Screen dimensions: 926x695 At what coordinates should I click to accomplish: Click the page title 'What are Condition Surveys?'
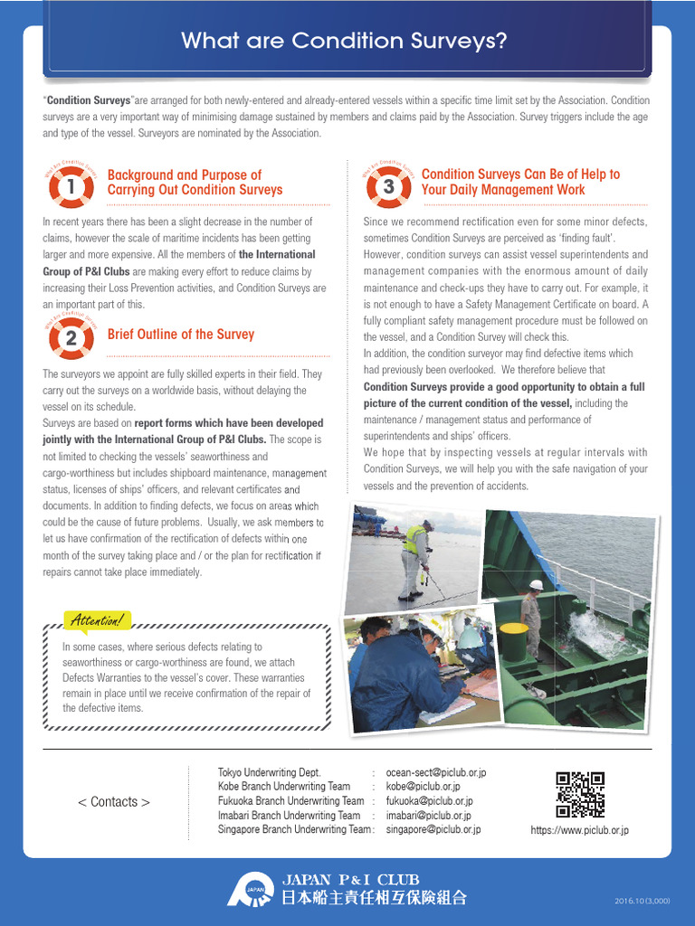[x=344, y=42]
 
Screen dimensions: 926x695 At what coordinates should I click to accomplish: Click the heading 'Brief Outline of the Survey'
[x=180, y=335]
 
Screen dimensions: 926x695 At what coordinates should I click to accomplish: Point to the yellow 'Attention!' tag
[x=97, y=620]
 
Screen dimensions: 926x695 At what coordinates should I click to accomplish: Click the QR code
[x=579, y=794]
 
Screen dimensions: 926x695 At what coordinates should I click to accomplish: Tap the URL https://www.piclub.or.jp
[x=579, y=830]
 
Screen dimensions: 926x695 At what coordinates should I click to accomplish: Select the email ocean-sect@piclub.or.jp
[x=435, y=772]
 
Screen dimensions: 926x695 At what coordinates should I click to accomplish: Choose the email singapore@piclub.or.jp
[x=433, y=829]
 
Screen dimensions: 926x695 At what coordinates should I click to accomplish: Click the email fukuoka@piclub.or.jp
[x=429, y=801]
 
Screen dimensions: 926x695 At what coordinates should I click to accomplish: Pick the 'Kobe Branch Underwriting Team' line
[x=283, y=787]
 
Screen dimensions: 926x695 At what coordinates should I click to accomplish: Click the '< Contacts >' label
[x=114, y=802]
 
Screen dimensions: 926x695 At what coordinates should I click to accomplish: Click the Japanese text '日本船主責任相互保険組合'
[x=374, y=898]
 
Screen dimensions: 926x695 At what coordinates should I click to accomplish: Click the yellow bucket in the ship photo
[x=513, y=638]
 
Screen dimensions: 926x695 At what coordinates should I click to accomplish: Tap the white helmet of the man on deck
[x=536, y=585]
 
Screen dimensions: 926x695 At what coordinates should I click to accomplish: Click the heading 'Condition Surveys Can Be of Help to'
[x=520, y=175]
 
